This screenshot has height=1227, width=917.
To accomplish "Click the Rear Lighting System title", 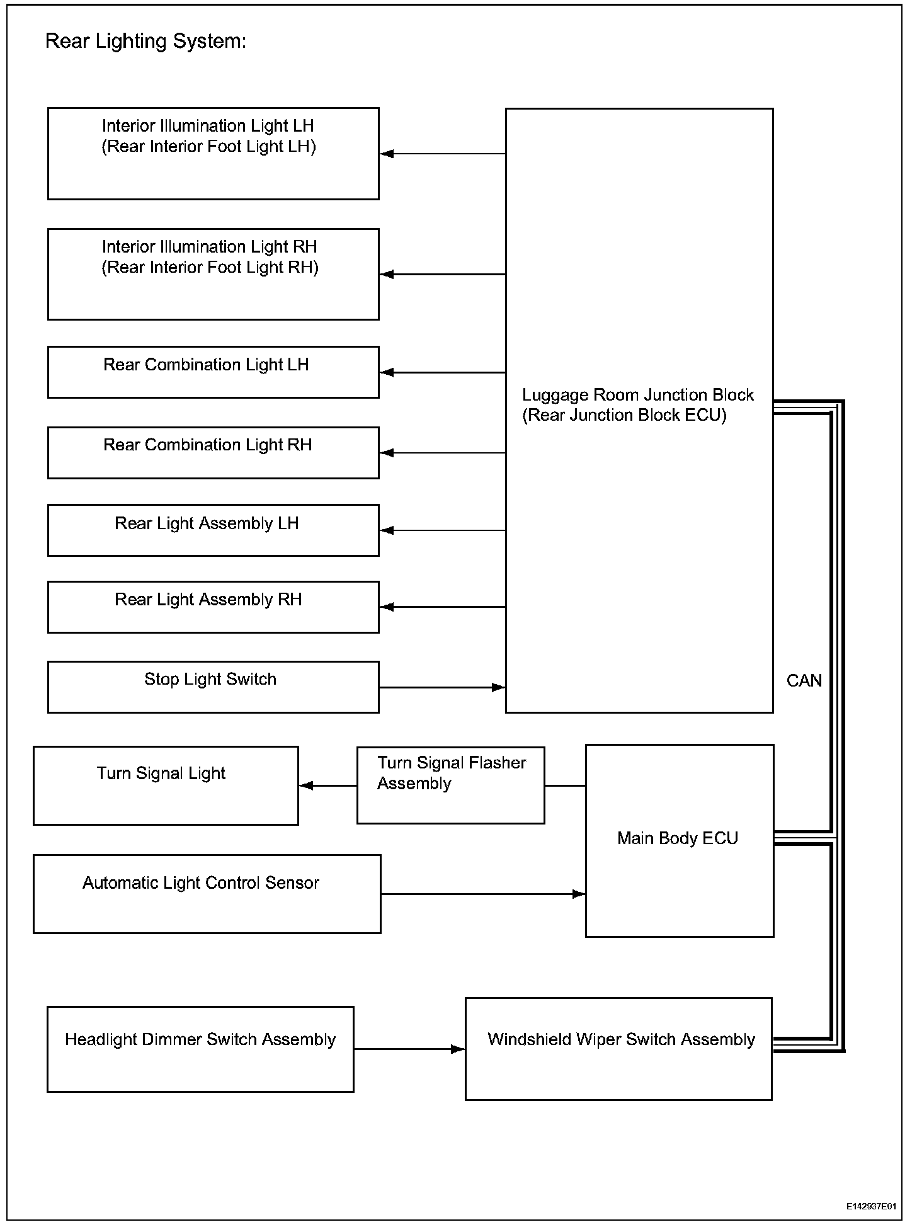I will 145,42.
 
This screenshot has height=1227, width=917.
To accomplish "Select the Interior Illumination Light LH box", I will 213,154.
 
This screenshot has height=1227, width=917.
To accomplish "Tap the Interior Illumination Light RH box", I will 213,274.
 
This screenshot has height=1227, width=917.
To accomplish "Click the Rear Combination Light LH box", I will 213,372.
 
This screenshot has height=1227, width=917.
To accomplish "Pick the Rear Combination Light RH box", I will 213,452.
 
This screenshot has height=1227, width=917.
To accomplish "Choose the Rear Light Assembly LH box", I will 213,530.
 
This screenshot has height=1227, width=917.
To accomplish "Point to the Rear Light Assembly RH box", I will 213,607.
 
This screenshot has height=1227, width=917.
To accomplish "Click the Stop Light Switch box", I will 213,687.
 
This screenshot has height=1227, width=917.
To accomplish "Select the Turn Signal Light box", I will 166,785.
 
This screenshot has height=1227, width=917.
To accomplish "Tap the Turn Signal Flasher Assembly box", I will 450,785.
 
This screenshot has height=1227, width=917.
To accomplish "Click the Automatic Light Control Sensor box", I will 207,893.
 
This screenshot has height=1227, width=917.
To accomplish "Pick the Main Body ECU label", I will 677,838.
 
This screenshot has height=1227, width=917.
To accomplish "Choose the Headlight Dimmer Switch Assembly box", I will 200,1049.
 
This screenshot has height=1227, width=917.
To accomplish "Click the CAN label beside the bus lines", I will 804,680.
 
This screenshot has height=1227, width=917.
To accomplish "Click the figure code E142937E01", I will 870,1206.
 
